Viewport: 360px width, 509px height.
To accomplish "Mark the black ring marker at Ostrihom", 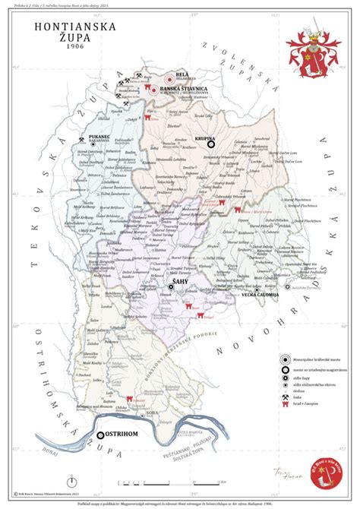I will [x=101, y=435].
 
